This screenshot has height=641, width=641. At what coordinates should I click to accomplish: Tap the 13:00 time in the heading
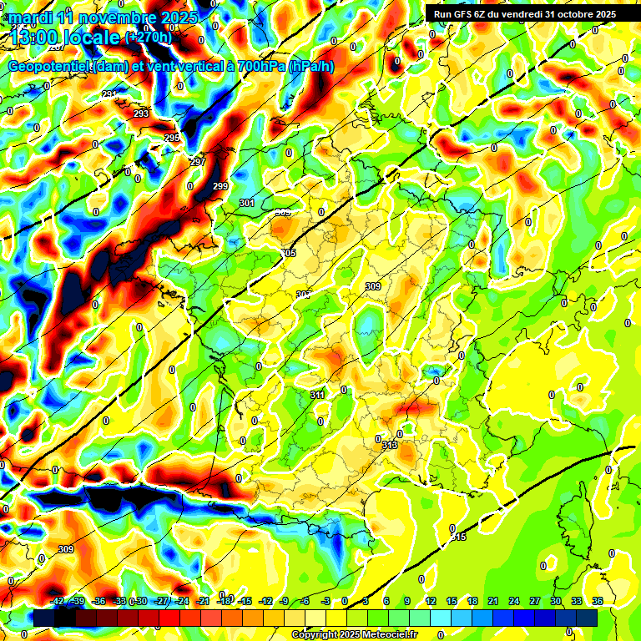[36, 37]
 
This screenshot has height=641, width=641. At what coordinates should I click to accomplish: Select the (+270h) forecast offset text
[149, 37]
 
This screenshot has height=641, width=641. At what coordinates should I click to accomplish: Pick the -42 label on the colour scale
[58, 601]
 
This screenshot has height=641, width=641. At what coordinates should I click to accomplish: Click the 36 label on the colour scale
[598, 601]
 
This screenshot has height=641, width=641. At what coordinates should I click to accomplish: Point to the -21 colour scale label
[204, 601]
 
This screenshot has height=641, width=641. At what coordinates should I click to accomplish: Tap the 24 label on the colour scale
[514, 601]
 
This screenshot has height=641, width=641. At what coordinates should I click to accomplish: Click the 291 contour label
[109, 94]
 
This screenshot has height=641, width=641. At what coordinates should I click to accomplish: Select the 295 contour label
[171, 138]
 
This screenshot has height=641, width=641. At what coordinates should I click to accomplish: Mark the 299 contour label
[220, 186]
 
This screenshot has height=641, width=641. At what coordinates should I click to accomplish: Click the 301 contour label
[246, 203]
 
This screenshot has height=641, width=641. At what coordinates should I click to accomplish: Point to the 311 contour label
[317, 395]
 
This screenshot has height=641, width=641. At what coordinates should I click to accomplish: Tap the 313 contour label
[390, 446]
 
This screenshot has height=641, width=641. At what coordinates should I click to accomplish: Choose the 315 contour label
[459, 537]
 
